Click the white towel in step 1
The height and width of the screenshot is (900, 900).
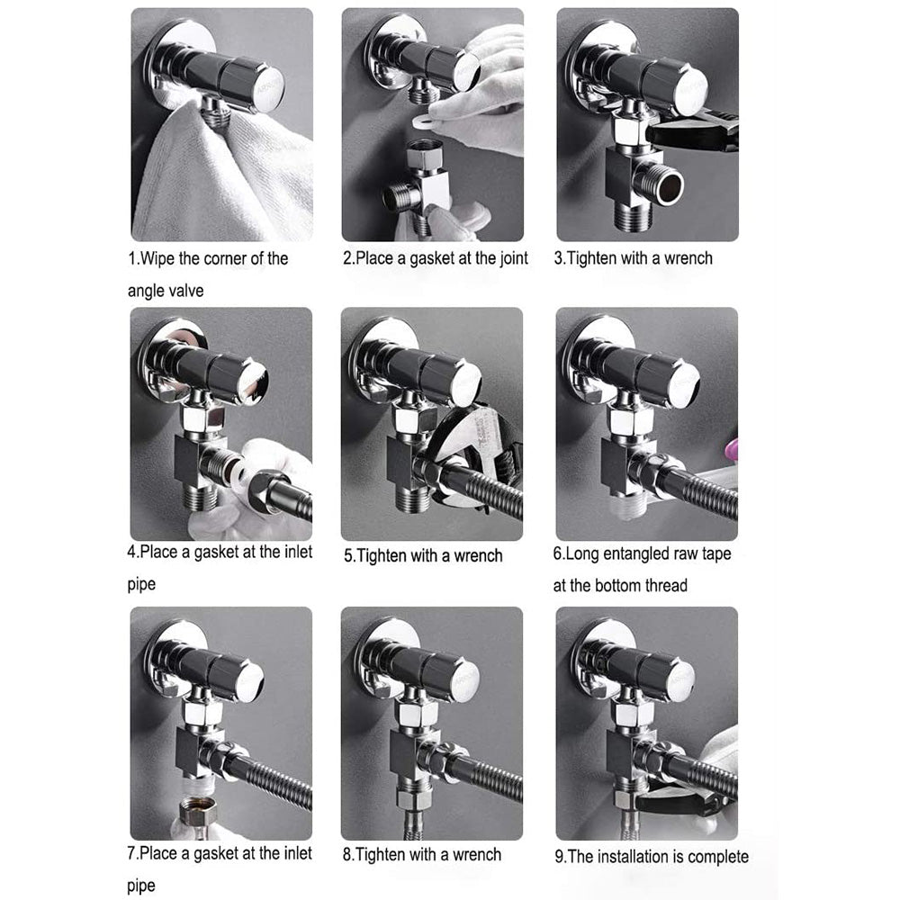point(218,178)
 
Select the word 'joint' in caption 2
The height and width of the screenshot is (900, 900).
point(513,259)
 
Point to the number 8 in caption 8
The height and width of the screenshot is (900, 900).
point(347,855)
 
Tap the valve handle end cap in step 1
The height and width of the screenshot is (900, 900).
point(265,92)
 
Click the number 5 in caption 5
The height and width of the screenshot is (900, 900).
point(348,556)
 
